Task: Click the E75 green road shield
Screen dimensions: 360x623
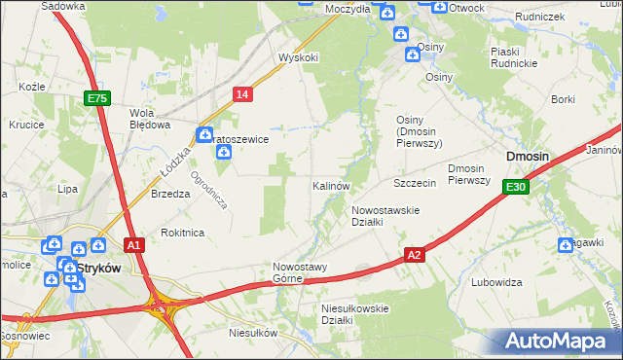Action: (x=96, y=98)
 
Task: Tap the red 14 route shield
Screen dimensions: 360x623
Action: (x=243, y=93)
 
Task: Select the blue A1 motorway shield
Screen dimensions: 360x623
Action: (x=134, y=245)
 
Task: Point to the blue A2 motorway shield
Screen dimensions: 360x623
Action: (x=415, y=255)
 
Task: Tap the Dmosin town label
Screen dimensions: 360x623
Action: (x=527, y=156)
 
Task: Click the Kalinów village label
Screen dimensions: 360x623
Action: (x=331, y=185)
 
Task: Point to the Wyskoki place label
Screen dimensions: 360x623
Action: (x=299, y=57)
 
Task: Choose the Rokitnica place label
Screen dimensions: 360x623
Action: (x=182, y=233)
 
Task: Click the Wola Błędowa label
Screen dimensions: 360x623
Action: (x=151, y=118)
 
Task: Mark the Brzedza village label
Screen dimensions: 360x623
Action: (x=170, y=194)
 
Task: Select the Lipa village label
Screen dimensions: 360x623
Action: (x=67, y=189)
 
